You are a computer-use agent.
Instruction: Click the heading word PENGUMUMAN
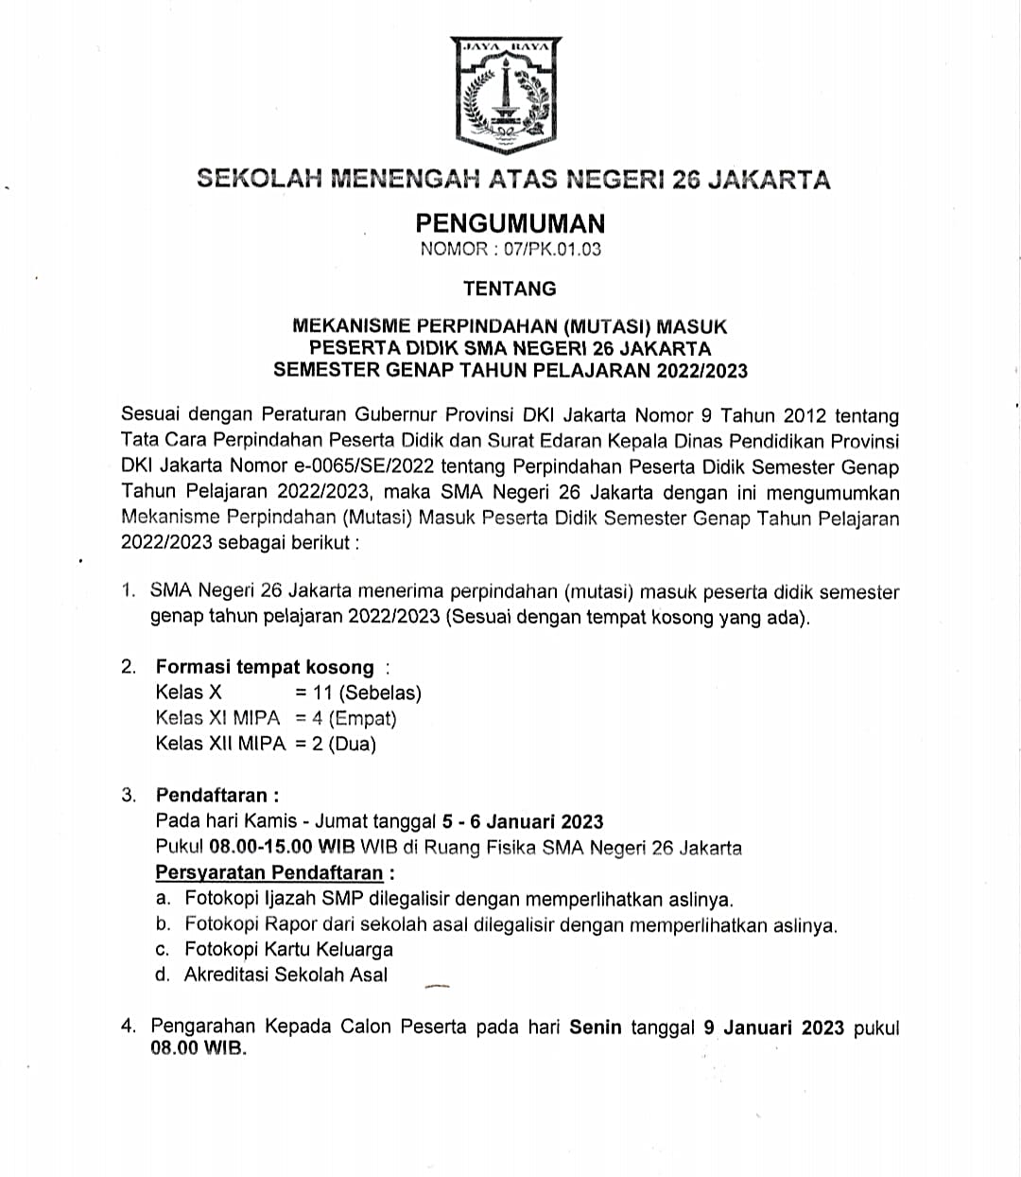coord(510,223)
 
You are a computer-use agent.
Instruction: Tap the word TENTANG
coord(510,289)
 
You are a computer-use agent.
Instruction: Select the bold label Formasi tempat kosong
coord(265,667)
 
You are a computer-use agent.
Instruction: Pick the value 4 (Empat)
coord(354,718)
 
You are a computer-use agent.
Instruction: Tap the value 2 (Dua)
coord(344,744)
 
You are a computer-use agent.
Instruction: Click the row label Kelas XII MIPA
coord(220,744)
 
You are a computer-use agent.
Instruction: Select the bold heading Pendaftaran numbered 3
coord(216,795)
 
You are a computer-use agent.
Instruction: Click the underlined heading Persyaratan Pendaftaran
coord(269,872)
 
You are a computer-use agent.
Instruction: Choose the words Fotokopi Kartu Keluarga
coord(288,949)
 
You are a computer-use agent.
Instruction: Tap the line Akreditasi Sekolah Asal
coord(286,975)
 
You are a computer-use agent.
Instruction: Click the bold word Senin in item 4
coord(596,1028)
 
